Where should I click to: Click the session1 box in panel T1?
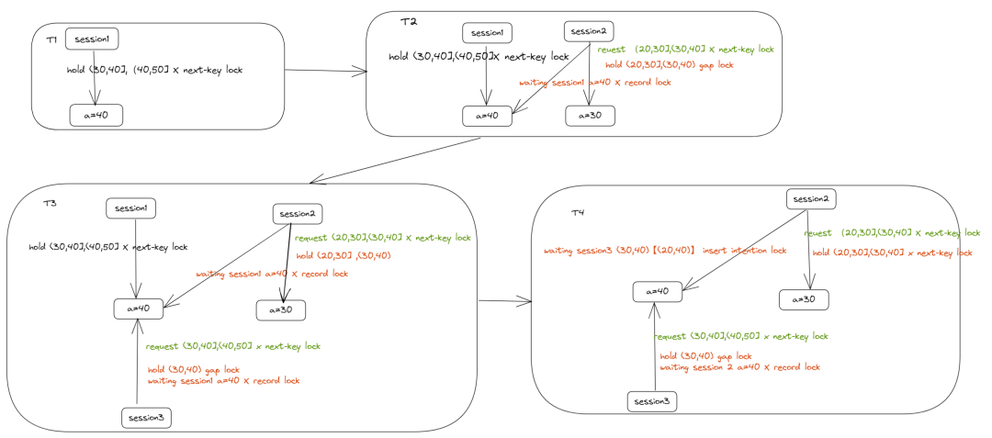point(93,39)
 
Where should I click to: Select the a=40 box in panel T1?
point(96,115)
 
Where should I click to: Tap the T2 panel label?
point(409,21)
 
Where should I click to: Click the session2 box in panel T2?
point(589,31)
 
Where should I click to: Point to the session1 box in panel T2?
point(487,33)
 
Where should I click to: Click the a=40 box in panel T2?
point(487,117)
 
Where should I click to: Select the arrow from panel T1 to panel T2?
point(327,72)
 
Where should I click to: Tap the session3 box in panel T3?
point(146,418)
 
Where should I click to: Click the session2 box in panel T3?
point(298,214)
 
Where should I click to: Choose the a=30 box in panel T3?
point(281,310)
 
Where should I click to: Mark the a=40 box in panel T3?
point(140,309)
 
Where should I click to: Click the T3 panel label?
point(50,204)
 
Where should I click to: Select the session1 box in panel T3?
point(131,208)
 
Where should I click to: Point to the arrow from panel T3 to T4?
point(505,301)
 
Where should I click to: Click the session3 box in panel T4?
point(652,402)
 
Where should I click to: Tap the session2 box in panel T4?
point(811,199)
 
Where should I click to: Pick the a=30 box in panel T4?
point(804,299)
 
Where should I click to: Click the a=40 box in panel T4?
point(658,291)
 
